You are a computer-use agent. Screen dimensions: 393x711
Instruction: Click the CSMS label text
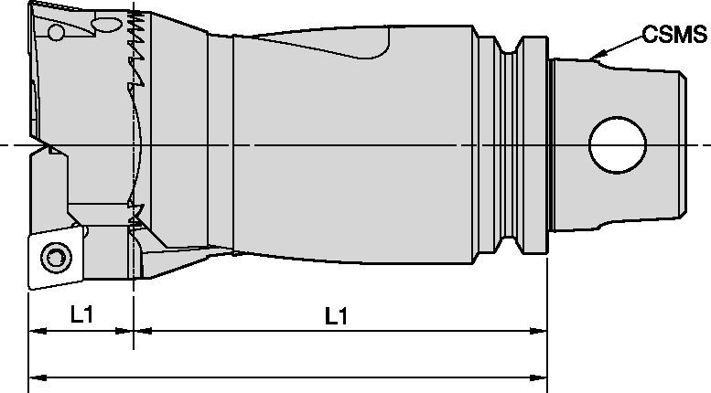coord(674,35)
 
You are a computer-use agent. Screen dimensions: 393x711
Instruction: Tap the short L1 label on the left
coord(82,315)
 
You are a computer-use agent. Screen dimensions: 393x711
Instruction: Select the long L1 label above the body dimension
coord(337,315)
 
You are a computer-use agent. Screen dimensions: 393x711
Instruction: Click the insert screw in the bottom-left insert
coord(57,255)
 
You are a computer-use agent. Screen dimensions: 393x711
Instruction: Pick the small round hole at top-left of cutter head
coord(57,33)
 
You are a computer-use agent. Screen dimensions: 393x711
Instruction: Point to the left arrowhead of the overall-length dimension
coord(35,376)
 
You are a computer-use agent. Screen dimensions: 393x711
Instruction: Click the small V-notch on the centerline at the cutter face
coord(42,146)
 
